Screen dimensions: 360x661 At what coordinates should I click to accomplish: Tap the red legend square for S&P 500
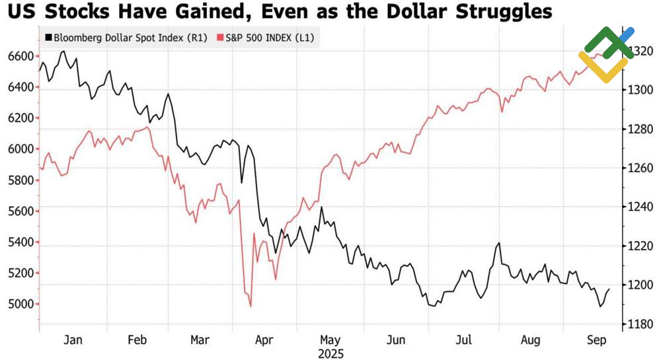(x=221, y=38)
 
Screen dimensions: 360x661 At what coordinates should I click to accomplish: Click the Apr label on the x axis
(x=264, y=341)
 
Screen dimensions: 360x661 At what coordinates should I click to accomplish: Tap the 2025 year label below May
(x=330, y=353)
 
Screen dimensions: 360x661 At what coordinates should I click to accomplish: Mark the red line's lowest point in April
(x=251, y=306)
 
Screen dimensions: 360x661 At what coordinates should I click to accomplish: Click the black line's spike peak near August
(x=498, y=243)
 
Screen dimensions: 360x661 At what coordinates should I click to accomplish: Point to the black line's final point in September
(x=609, y=289)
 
